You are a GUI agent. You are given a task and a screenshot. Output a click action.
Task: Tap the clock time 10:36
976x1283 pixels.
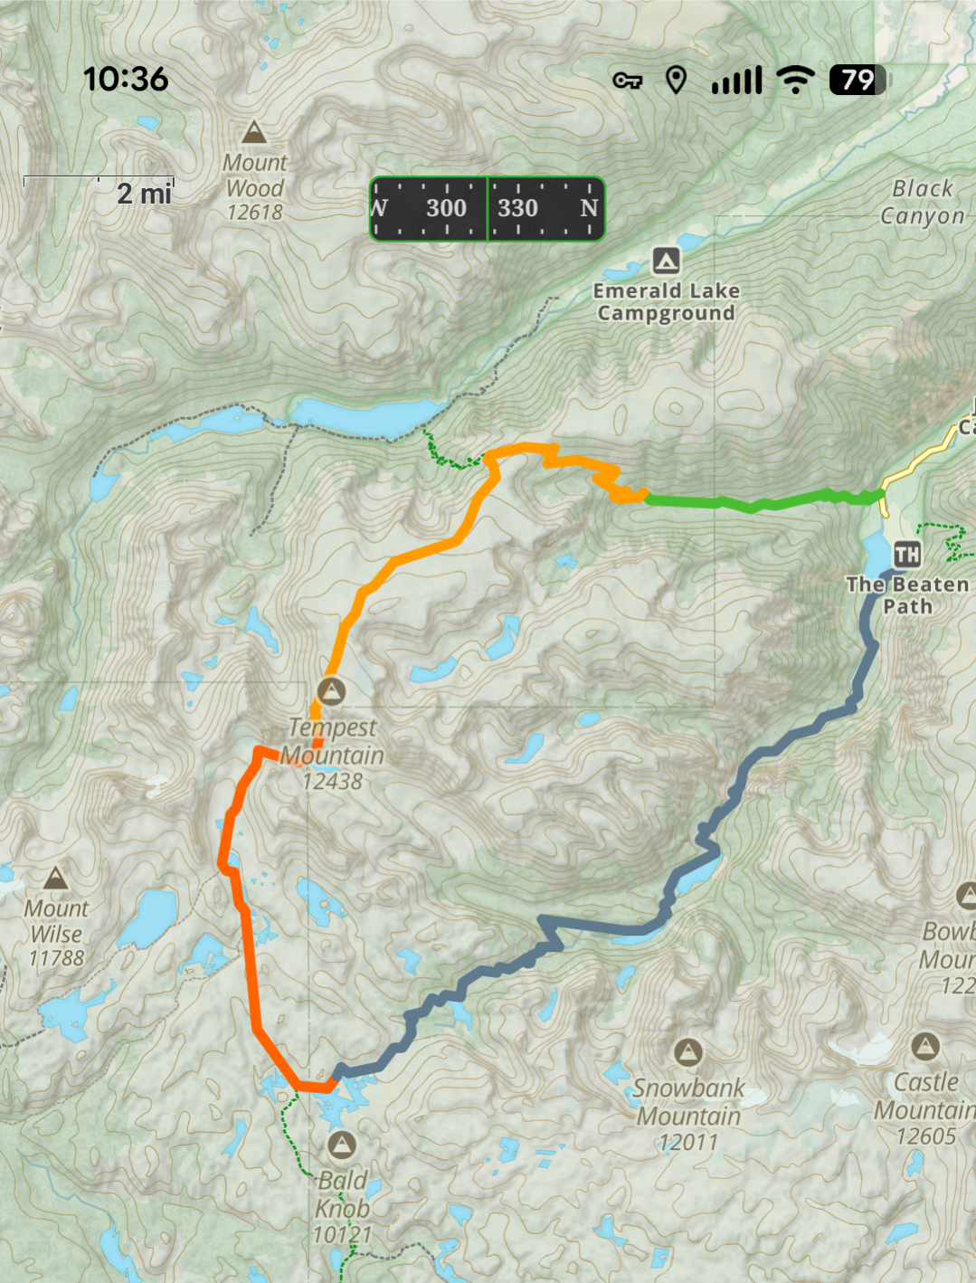click(x=126, y=80)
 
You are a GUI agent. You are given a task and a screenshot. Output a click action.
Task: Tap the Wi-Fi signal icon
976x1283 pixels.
click(x=796, y=81)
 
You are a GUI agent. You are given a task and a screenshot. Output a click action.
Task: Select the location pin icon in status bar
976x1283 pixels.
click(x=676, y=81)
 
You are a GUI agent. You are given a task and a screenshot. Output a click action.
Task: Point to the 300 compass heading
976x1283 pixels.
click(x=446, y=208)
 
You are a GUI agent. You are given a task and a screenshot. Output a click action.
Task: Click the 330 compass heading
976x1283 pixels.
click(x=517, y=208)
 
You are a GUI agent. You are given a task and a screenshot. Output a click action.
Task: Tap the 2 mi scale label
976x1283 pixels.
click(x=144, y=194)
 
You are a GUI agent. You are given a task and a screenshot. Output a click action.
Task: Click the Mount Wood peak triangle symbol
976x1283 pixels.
click(x=254, y=133)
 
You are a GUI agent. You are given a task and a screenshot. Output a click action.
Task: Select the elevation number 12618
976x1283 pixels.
click(x=254, y=213)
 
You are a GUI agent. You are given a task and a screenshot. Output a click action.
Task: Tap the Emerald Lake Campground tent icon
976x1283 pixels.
click(x=667, y=261)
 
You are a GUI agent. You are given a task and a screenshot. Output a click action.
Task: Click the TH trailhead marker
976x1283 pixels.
click(x=906, y=554)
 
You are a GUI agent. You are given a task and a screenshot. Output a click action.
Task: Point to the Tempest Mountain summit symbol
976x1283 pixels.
click(x=332, y=692)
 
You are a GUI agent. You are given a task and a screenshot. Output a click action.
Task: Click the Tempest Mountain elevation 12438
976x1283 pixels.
click(x=332, y=782)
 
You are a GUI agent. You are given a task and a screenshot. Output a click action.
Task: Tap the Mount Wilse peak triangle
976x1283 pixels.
click(x=56, y=878)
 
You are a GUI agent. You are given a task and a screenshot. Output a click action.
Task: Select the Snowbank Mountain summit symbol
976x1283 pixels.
click(x=688, y=1052)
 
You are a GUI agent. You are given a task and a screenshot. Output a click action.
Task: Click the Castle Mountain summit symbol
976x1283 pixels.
click(x=924, y=1047)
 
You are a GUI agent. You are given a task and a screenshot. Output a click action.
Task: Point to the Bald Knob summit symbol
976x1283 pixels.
click(x=341, y=1145)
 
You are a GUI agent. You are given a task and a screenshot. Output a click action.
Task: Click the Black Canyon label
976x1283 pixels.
click(x=923, y=202)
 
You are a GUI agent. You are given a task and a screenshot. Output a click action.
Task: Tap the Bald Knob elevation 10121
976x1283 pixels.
click(x=342, y=1234)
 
